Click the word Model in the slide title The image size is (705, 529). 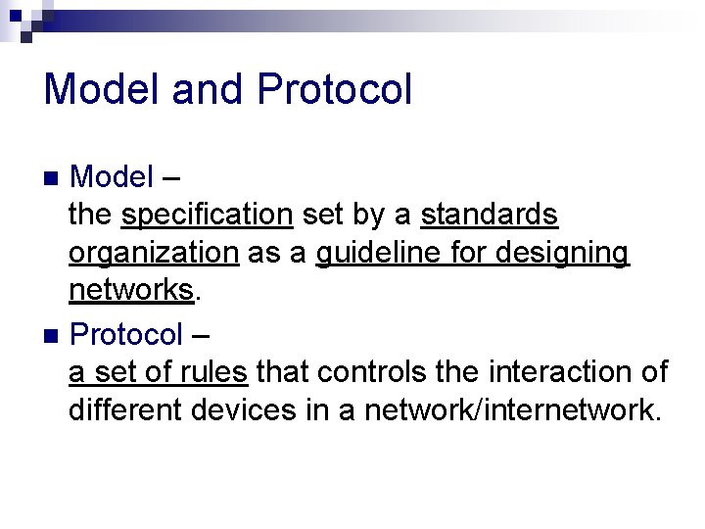coord(102,89)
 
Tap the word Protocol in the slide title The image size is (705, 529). coord(334,89)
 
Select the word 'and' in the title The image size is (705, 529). coord(209,89)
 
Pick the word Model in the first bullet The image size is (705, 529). coord(112,177)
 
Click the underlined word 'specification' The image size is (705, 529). coord(209,215)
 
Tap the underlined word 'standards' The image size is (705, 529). coord(490,215)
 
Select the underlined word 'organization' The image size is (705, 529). coord(154,253)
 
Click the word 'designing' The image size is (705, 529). coord(562,253)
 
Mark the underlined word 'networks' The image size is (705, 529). coord(131,291)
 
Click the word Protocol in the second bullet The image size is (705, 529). coord(126,335)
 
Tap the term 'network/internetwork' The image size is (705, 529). coord(508,410)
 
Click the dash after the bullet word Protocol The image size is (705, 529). coord(200,336)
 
